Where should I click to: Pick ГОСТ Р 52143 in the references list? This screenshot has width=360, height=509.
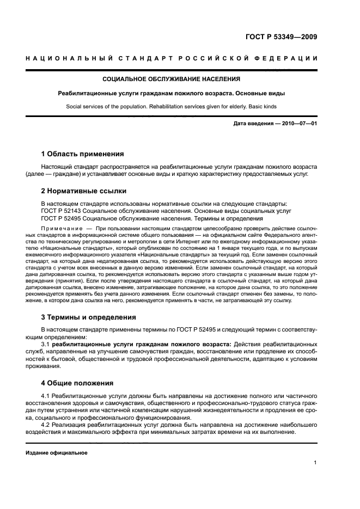coord(62,211)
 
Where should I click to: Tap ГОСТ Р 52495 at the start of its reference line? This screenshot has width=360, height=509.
coord(62,218)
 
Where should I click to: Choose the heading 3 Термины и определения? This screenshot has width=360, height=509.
coord(89,317)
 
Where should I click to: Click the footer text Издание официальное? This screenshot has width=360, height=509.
coord(57,452)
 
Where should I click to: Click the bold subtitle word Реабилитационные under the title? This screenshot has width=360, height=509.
coord(89,94)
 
